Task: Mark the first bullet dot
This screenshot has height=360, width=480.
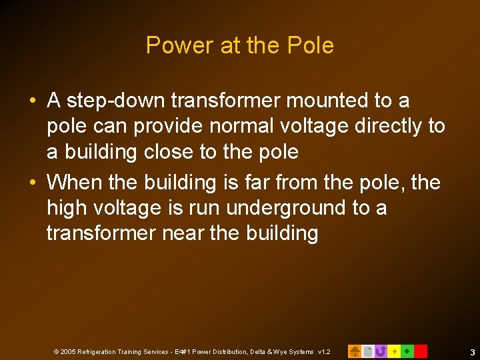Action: pyautogui.click(x=33, y=101)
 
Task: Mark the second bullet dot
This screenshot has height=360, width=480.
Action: pyautogui.click(x=33, y=183)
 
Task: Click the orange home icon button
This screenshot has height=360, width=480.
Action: pyautogui.click(x=355, y=351)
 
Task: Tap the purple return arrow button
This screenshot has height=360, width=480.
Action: pyautogui.click(x=381, y=351)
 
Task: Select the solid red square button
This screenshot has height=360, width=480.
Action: pyautogui.click(x=421, y=351)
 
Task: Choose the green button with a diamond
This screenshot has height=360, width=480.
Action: pyautogui.click(x=407, y=351)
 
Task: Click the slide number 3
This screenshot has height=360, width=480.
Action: pyautogui.click(x=472, y=351)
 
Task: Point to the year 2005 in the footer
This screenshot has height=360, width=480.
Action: pyautogui.click(x=67, y=351)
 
